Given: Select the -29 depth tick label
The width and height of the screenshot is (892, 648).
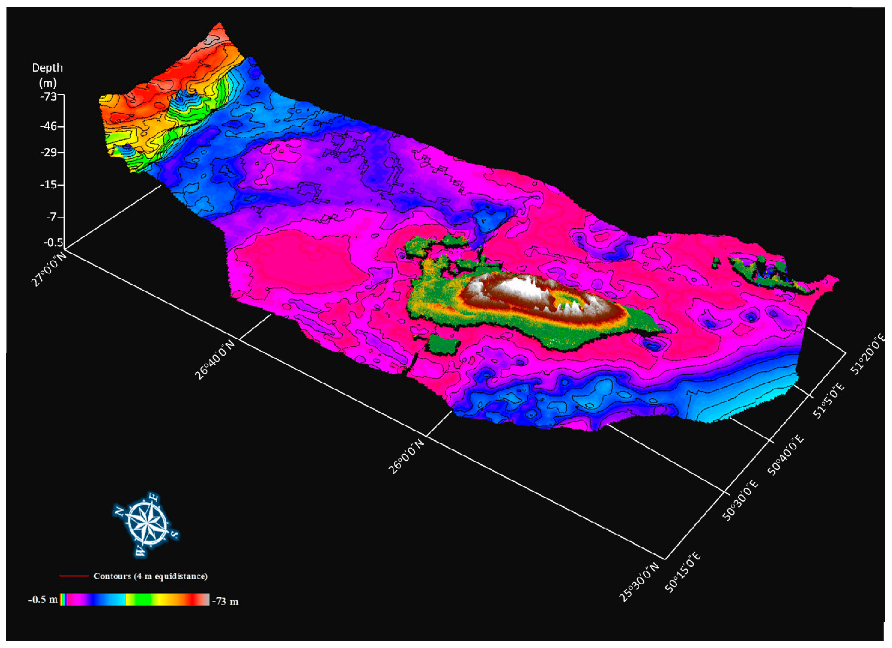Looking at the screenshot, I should [x=49, y=152].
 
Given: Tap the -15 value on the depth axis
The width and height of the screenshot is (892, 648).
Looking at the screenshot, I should [x=49, y=185].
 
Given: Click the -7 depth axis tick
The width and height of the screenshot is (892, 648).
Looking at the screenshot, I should [x=51, y=217].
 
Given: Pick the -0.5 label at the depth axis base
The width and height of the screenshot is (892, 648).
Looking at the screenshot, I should [x=53, y=242].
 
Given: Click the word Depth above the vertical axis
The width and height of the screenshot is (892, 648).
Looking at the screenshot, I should [x=47, y=68].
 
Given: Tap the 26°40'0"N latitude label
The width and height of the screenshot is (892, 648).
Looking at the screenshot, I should [x=215, y=360].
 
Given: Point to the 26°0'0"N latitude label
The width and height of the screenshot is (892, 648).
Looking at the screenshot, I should [x=406, y=457].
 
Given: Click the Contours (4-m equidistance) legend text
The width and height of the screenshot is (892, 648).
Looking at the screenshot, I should [x=150, y=576].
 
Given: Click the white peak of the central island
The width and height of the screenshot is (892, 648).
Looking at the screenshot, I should [x=523, y=287].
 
